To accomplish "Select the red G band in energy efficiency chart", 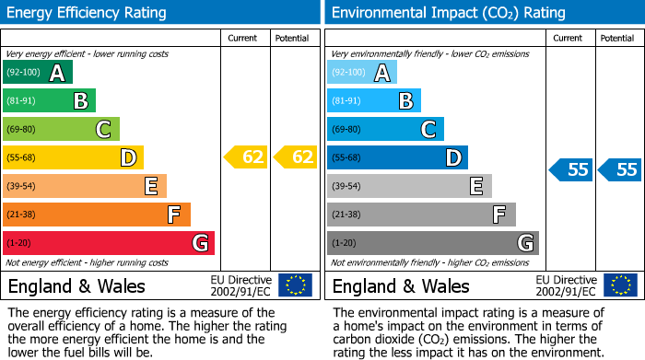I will (108, 243).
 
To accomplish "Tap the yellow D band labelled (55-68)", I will (73, 158).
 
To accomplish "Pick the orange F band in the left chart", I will (96, 215).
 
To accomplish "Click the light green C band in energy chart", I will (61, 130).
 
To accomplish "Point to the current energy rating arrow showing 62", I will (246, 157).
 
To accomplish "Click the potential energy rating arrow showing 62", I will (295, 157).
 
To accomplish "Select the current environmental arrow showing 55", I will (571, 169).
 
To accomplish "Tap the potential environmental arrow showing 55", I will (620, 169).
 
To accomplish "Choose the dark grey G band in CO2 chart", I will (432, 243).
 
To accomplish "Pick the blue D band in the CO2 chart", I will (397, 158).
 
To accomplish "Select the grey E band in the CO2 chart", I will (409, 187).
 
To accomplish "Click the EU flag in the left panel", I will (295, 285).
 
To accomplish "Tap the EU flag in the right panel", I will (620, 285).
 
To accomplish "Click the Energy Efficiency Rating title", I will (88, 13).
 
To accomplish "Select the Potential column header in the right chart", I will (617, 38).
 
